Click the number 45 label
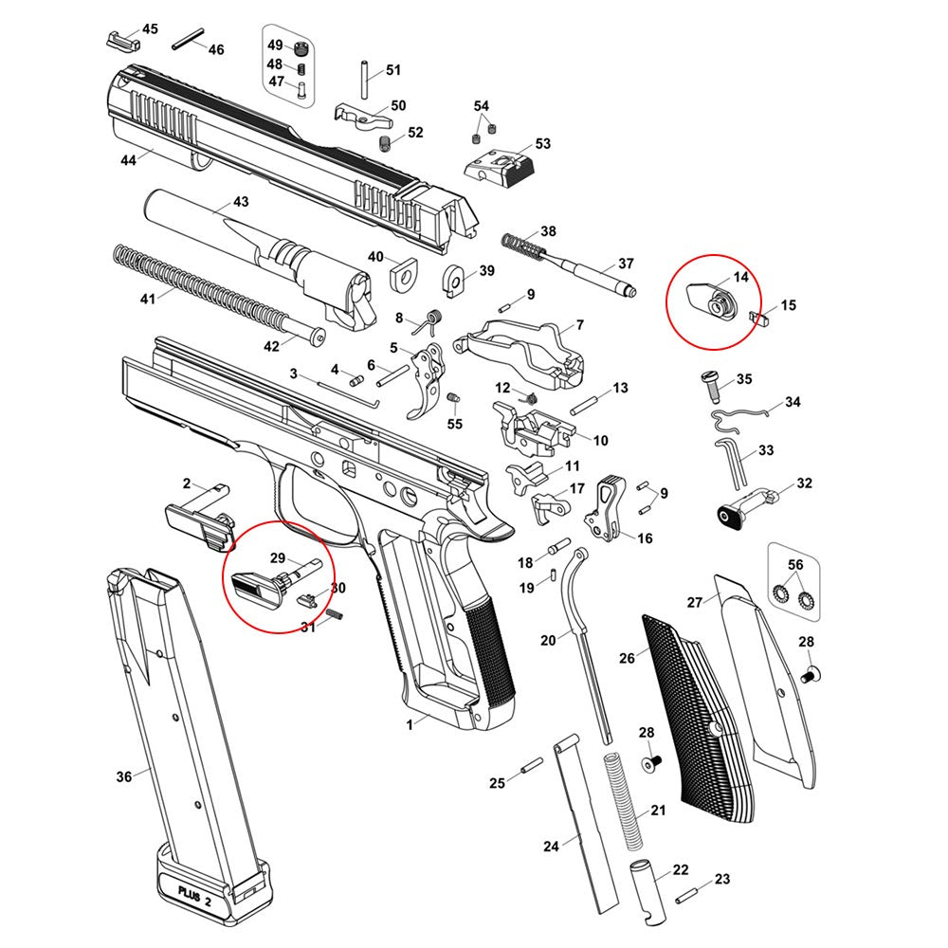pos(150,28)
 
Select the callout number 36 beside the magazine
pos(124,777)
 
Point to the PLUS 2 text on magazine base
pos(195,891)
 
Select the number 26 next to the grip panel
pos(627,657)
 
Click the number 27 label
pos(695,602)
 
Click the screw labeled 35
pos(711,381)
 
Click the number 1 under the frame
pos(410,723)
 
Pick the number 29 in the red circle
pos(278,556)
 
